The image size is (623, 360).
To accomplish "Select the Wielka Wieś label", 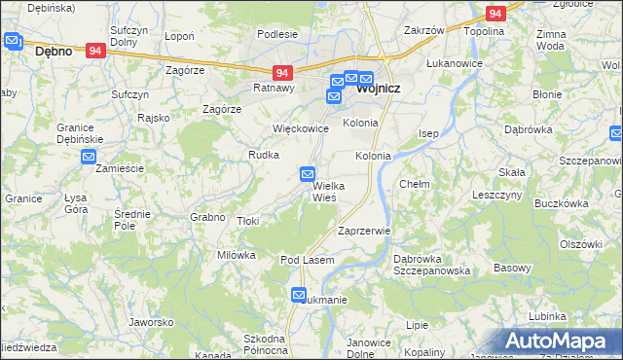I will (x=330, y=192).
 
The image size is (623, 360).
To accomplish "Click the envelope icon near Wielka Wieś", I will (x=308, y=174).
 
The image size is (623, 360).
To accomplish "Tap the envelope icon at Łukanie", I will (x=299, y=295).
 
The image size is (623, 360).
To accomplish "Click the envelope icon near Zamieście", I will (x=89, y=157).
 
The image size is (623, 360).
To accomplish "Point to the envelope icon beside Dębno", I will (x=13, y=41).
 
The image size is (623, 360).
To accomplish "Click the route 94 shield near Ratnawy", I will (x=282, y=73).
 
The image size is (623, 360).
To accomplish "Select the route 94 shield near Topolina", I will (x=495, y=14).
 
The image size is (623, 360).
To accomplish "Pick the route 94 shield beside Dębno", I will (x=94, y=51).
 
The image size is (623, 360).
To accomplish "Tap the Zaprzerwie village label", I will (x=363, y=232).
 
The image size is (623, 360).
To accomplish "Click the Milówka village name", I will (x=236, y=255).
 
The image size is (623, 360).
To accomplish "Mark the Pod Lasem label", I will (x=308, y=261).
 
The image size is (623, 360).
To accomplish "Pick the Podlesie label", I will (x=277, y=34).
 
